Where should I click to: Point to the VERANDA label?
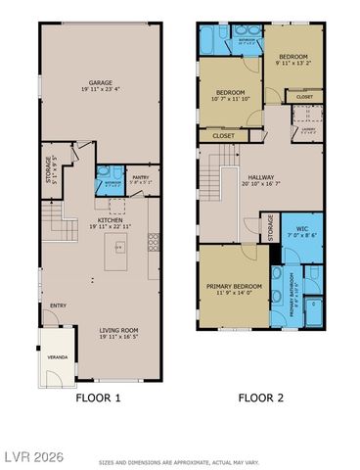tap(59, 357)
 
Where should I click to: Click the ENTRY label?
tap(59, 304)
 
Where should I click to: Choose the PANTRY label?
tap(140, 176)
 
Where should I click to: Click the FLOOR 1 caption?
tap(99, 399)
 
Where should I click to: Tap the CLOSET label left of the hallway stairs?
tap(223, 136)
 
